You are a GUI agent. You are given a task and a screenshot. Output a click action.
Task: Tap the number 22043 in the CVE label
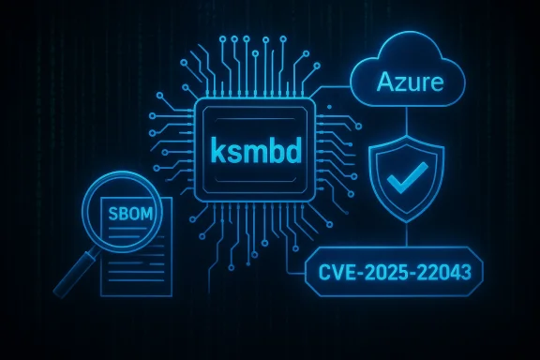tap(444, 272)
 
